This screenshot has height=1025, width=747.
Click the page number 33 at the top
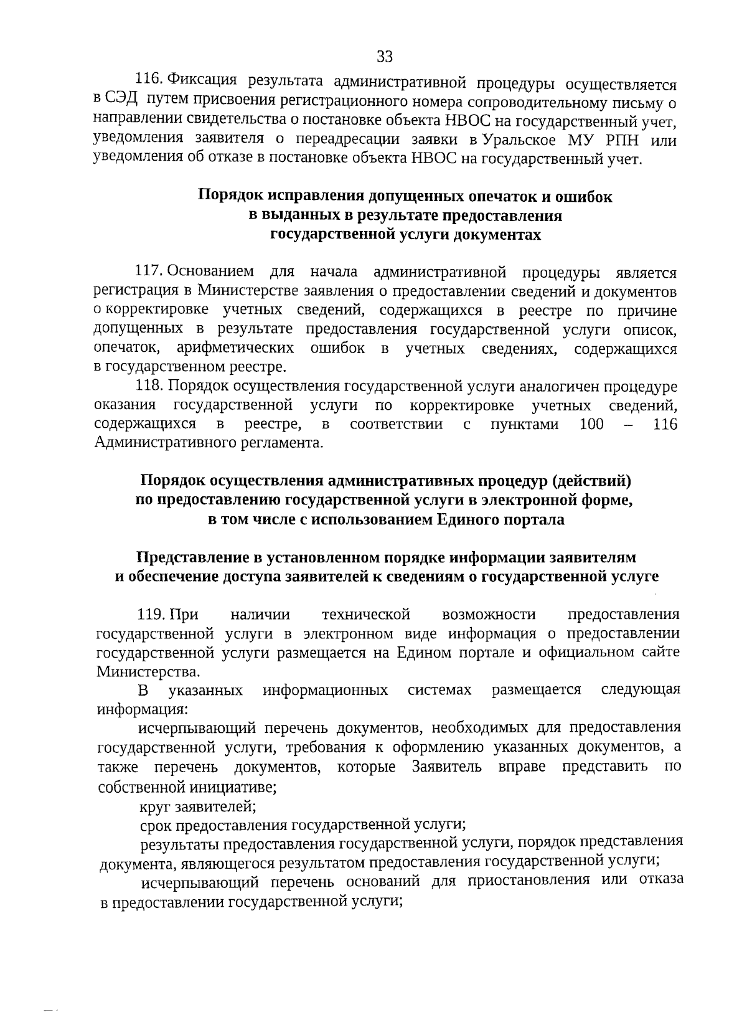tap(385, 57)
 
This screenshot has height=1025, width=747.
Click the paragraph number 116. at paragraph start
tap(149, 79)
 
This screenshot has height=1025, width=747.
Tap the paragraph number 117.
tap(149, 272)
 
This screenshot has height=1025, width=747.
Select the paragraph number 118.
tap(149, 386)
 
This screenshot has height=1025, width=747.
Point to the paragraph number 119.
tap(151, 615)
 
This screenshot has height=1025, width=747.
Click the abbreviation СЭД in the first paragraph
tap(121, 99)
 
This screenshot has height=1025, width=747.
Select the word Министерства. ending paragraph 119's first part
tap(149, 672)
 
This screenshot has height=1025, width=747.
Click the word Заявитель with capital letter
tap(446, 767)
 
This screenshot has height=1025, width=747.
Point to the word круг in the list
tap(155, 807)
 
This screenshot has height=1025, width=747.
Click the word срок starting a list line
tap(156, 826)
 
